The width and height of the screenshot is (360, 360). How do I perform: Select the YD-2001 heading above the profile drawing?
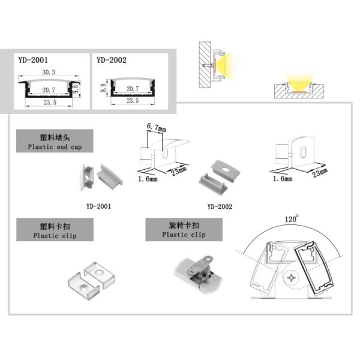33,60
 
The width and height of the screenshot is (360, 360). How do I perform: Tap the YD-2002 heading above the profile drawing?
111,60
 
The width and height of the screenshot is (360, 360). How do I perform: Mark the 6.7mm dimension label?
156,127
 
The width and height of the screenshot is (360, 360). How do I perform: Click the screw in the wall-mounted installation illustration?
208,63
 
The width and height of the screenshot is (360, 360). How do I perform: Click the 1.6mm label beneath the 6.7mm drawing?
147,179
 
